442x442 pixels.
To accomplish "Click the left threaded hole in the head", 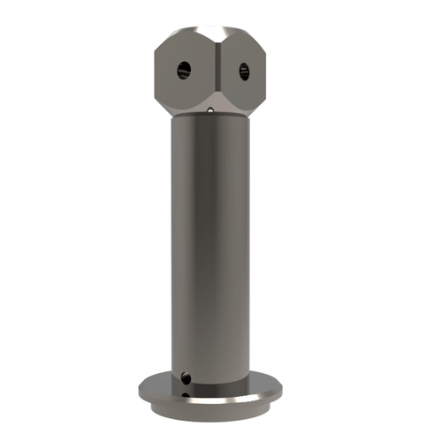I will click(183, 69).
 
